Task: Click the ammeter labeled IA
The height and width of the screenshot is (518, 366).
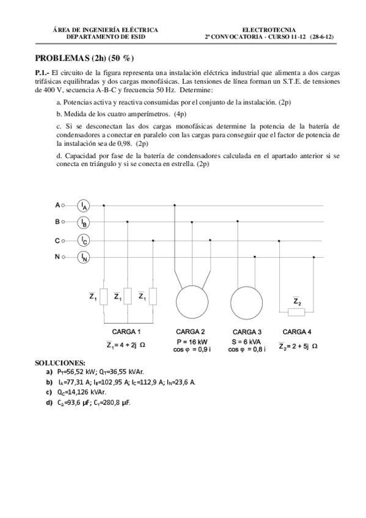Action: (84, 205)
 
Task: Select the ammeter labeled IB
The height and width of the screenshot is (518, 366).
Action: (84, 222)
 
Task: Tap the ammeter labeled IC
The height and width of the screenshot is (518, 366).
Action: (84, 240)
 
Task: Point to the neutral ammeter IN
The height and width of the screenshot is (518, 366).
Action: (84, 257)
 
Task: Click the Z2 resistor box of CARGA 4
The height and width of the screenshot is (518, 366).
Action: (296, 312)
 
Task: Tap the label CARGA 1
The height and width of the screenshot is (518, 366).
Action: (126, 332)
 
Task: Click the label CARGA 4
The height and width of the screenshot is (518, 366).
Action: (297, 332)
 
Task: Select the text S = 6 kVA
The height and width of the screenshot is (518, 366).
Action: (247, 341)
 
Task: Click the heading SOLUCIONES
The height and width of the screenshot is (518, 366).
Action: (60, 362)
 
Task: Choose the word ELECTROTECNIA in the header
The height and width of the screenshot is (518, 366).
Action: (269, 29)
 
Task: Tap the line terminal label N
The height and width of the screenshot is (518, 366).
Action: (57, 257)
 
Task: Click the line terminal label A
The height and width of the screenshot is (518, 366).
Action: (57, 205)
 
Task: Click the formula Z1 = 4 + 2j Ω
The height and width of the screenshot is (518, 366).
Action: (125, 345)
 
